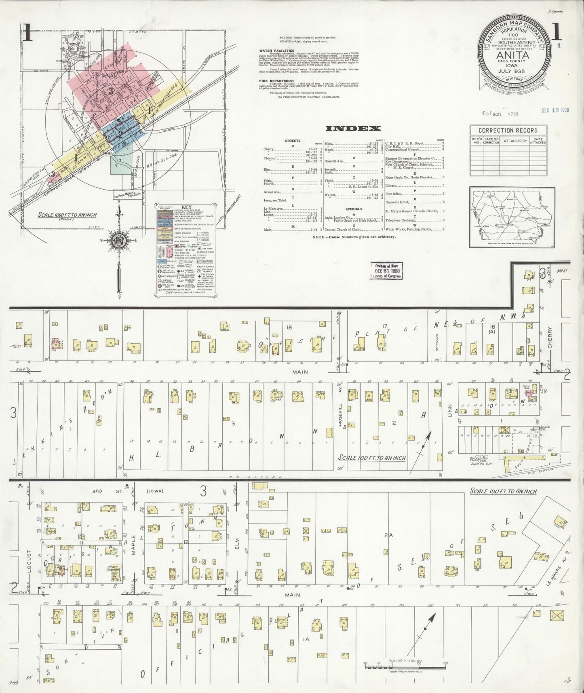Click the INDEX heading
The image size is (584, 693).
(x=353, y=129)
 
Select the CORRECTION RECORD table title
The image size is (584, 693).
(x=508, y=131)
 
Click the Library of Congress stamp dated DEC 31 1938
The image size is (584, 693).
(x=386, y=270)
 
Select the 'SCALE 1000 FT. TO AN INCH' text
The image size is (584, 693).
(x=67, y=215)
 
